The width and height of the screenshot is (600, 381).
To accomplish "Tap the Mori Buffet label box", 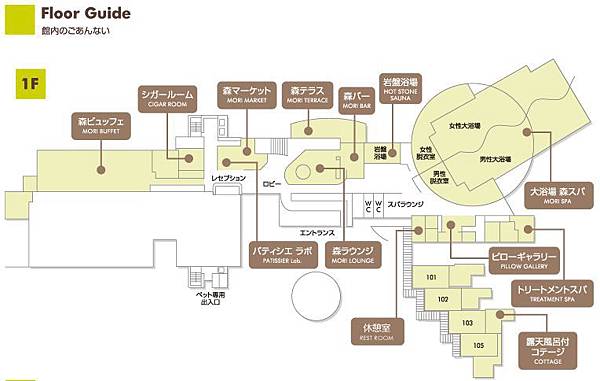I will click(x=100, y=126).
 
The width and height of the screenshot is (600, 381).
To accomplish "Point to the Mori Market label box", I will click(x=245, y=95).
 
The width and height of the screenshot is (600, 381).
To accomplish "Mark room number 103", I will click(x=466, y=322).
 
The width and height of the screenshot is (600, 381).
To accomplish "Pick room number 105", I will click(x=478, y=345).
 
